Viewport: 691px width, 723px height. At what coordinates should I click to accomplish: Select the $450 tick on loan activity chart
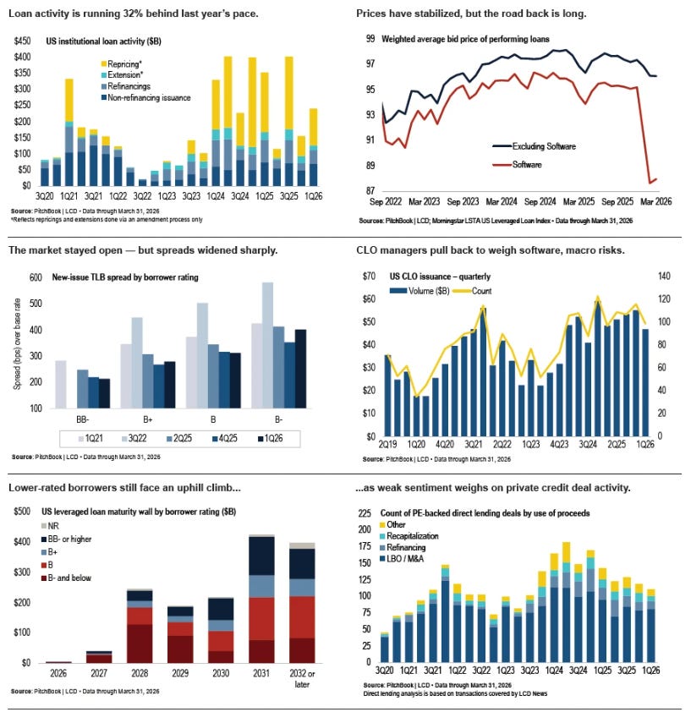pyautogui.click(x=21, y=41)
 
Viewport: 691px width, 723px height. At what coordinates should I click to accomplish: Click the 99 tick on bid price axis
pyautogui.click(x=370, y=39)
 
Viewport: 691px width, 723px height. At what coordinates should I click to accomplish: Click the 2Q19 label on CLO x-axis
pyautogui.click(x=387, y=445)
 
